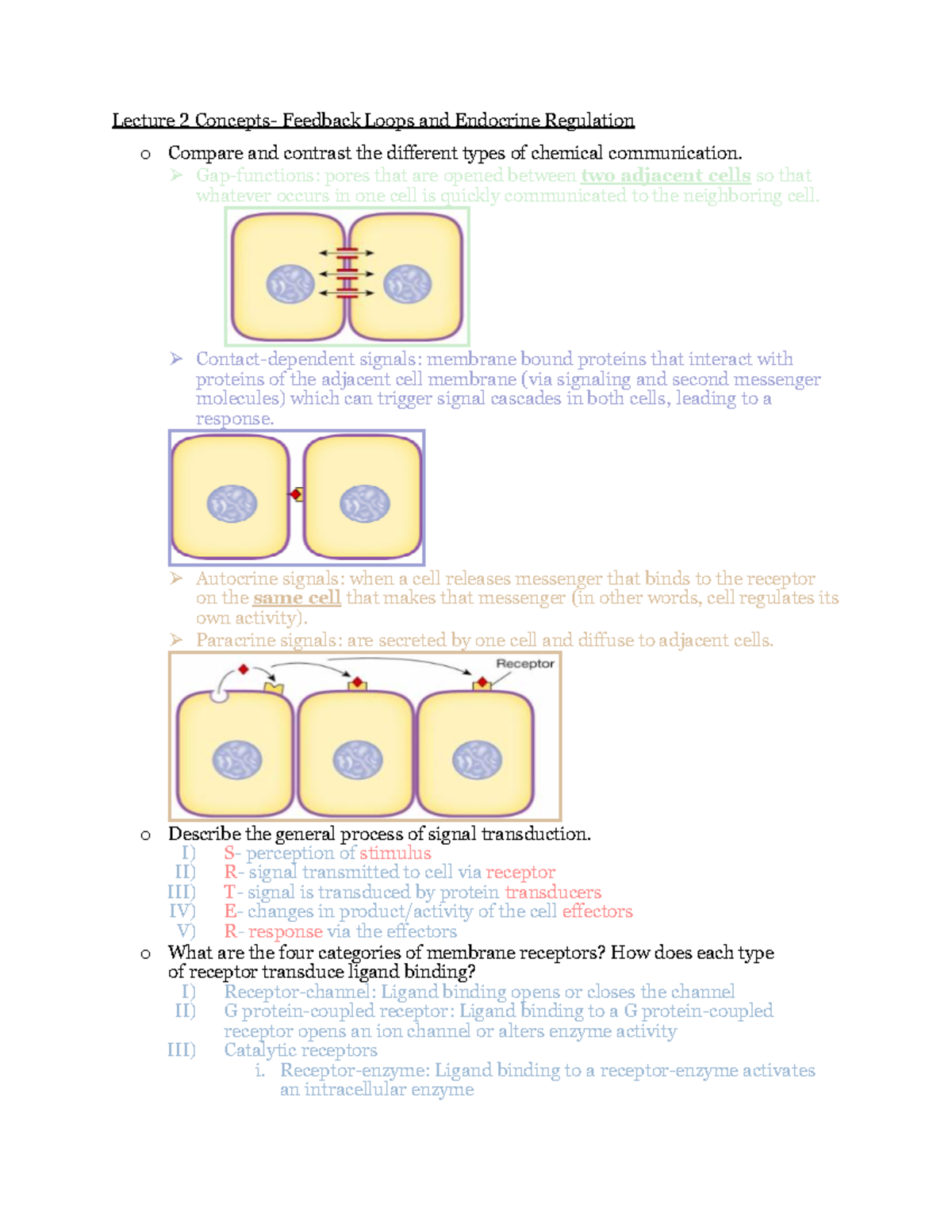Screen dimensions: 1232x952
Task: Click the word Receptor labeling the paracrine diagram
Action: click(524, 663)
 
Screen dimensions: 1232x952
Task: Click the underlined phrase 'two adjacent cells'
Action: click(666, 175)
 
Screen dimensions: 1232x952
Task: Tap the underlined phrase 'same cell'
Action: click(297, 598)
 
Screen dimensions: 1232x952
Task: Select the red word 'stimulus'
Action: click(395, 853)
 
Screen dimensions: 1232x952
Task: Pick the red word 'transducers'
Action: click(553, 892)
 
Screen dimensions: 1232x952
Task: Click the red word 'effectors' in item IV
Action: click(597, 912)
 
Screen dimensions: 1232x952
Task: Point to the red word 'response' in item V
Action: click(286, 931)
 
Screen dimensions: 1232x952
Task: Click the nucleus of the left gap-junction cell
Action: click(290, 284)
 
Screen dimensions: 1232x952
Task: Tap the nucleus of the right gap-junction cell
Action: click(408, 284)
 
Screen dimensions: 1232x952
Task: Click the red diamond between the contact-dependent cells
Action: click(296, 494)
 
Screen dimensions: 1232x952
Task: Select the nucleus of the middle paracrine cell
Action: click(358, 760)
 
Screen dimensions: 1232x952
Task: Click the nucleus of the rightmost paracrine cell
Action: click(477, 760)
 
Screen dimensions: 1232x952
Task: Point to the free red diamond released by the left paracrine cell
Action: click(244, 670)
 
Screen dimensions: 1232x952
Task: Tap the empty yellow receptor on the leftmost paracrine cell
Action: click(274, 687)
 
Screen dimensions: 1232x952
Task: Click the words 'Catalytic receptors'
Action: click(301, 1050)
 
